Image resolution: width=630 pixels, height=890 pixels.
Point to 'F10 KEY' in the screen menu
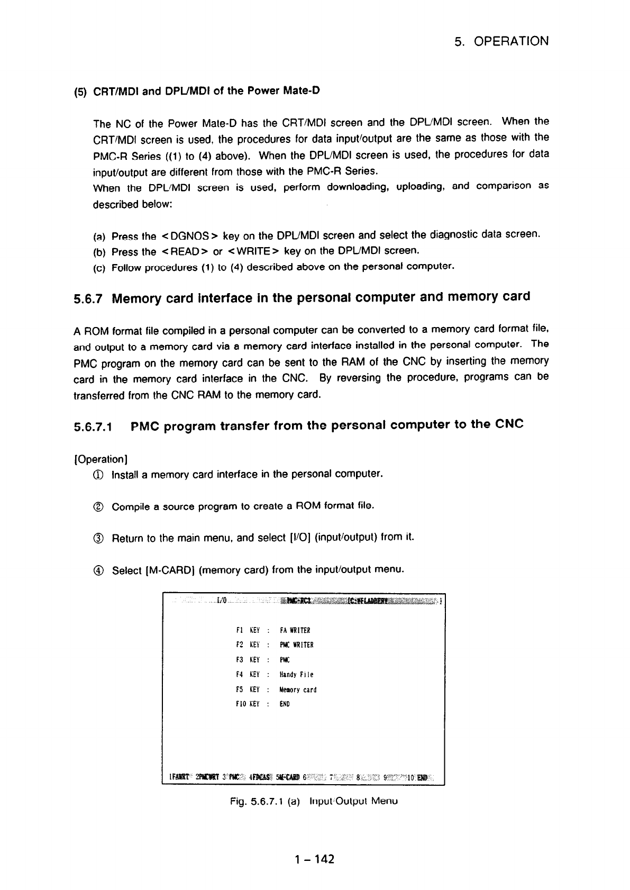coord(247,704)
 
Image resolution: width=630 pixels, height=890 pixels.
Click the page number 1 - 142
coord(315,859)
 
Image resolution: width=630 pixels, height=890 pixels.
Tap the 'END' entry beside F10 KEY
coord(285,704)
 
